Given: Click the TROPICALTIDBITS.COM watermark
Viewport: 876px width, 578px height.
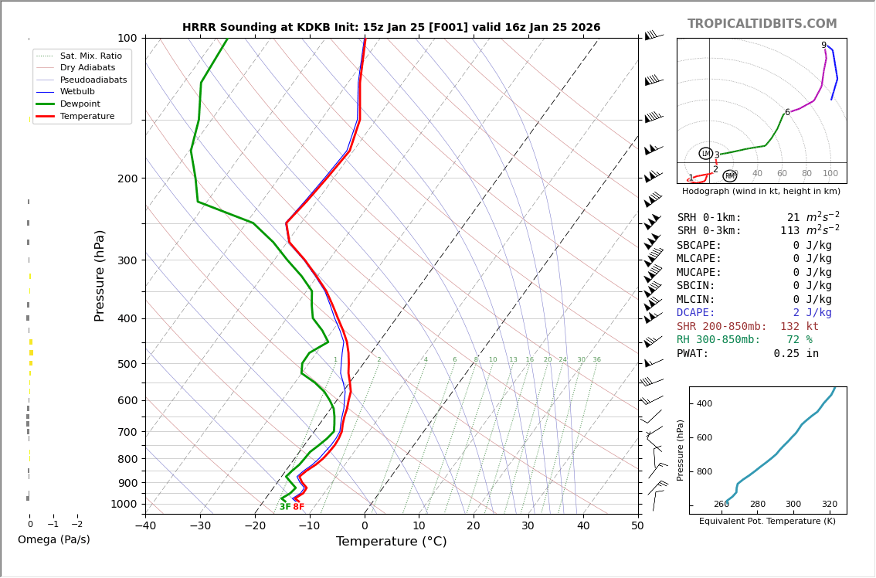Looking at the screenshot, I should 762,24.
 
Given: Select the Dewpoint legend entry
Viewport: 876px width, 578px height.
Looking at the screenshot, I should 80,104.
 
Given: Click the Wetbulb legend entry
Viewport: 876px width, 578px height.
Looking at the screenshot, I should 76,92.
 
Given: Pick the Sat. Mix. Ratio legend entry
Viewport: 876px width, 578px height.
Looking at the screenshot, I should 90,56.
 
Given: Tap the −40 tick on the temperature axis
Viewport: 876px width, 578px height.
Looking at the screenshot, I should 145,526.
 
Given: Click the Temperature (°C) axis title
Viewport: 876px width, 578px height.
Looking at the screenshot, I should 391,542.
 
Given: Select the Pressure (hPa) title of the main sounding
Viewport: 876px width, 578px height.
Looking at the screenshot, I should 100,275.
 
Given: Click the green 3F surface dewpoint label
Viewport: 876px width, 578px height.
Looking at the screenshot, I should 285,507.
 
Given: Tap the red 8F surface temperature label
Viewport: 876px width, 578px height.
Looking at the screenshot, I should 298,507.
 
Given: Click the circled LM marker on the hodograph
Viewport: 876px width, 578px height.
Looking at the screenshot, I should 705,154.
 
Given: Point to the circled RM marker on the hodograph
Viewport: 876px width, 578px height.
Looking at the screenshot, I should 729,176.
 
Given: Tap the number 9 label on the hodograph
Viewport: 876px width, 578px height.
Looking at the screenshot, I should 823,46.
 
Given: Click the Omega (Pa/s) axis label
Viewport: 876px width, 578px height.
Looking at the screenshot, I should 54,540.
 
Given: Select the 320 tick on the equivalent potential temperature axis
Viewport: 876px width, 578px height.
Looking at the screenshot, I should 829,505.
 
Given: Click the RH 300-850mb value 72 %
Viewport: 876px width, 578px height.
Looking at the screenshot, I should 797,340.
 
